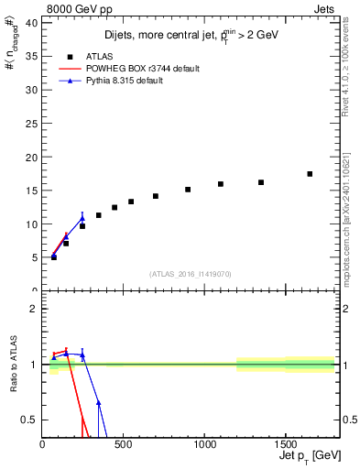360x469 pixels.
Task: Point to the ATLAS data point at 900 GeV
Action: [188, 190]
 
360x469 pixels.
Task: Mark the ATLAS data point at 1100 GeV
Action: [221, 184]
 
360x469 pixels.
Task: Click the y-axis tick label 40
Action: [32, 23]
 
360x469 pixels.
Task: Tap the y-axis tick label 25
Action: [32, 124]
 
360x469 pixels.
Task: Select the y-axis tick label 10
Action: [32, 224]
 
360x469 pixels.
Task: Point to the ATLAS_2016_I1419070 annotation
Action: [189, 274]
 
